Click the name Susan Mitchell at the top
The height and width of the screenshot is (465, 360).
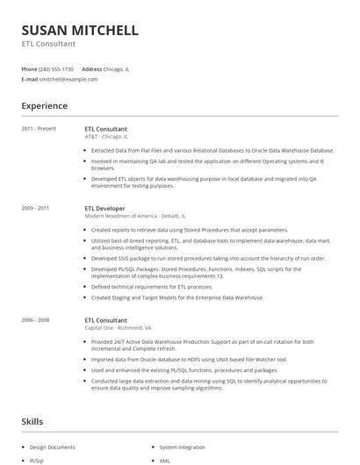tap(80, 30)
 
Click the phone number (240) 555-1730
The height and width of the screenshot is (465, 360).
tap(57, 68)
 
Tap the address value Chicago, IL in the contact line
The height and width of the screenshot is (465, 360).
tap(117, 68)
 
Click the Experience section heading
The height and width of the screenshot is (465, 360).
tap(45, 106)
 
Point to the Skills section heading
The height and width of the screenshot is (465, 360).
tap(32, 422)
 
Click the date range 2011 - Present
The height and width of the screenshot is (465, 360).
tap(39, 129)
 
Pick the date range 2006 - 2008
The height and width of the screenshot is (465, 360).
tap(36, 320)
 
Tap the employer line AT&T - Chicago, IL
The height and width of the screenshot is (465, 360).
tap(106, 137)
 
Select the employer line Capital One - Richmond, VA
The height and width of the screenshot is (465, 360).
tap(112, 328)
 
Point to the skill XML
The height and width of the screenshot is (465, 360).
tap(164, 460)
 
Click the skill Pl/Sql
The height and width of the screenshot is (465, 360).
tap(37, 460)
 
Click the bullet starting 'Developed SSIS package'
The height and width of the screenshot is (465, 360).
tap(206, 259)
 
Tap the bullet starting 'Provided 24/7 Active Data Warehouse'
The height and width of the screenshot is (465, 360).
tap(206, 342)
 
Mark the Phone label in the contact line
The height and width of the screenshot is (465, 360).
tap(30, 68)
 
